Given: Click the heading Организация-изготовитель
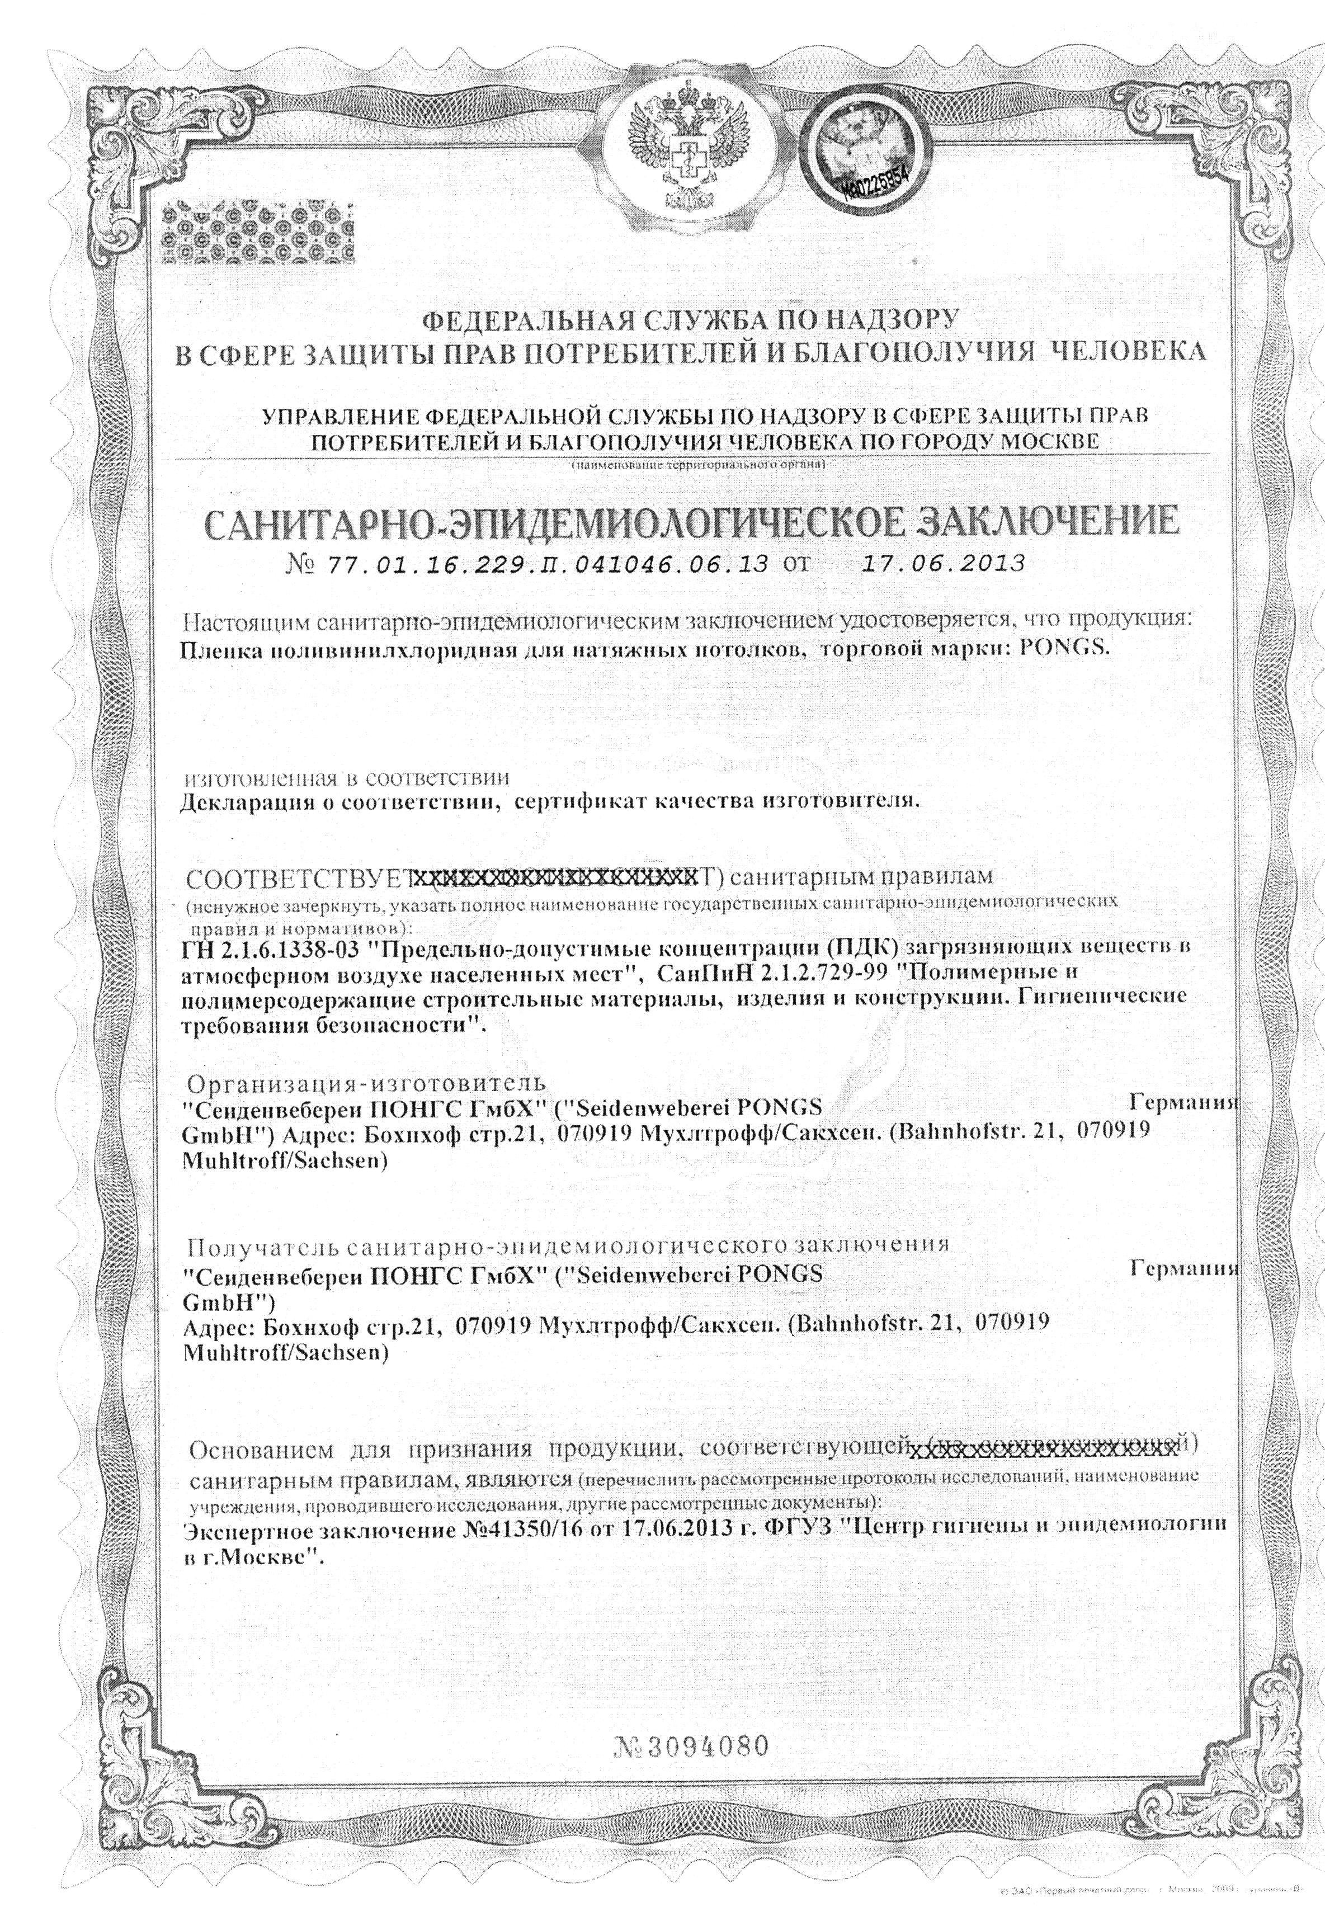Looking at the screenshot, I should [x=367, y=1084].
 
